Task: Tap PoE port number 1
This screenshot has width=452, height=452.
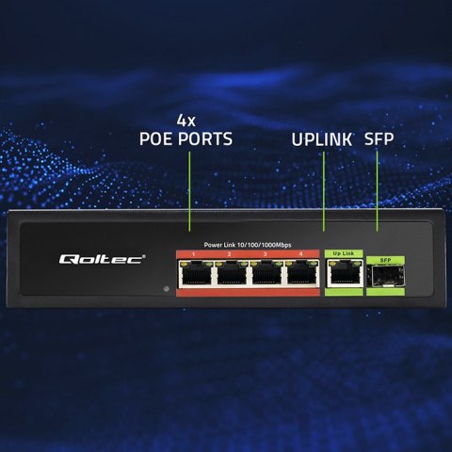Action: point(195,274)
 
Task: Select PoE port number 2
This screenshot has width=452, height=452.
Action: point(230,274)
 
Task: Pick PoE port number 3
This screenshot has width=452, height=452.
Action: point(265,274)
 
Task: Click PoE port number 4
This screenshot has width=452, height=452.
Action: point(299,274)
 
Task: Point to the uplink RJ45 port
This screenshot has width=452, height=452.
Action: point(342,274)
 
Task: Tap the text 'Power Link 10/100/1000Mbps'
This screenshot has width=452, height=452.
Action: point(248,245)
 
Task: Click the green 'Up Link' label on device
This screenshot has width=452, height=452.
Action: point(343,253)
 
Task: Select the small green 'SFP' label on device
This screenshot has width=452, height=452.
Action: point(383,259)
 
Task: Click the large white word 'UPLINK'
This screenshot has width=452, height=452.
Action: point(321,139)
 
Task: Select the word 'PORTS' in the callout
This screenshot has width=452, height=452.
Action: point(209,139)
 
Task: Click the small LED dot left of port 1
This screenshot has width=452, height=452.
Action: point(166,287)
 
